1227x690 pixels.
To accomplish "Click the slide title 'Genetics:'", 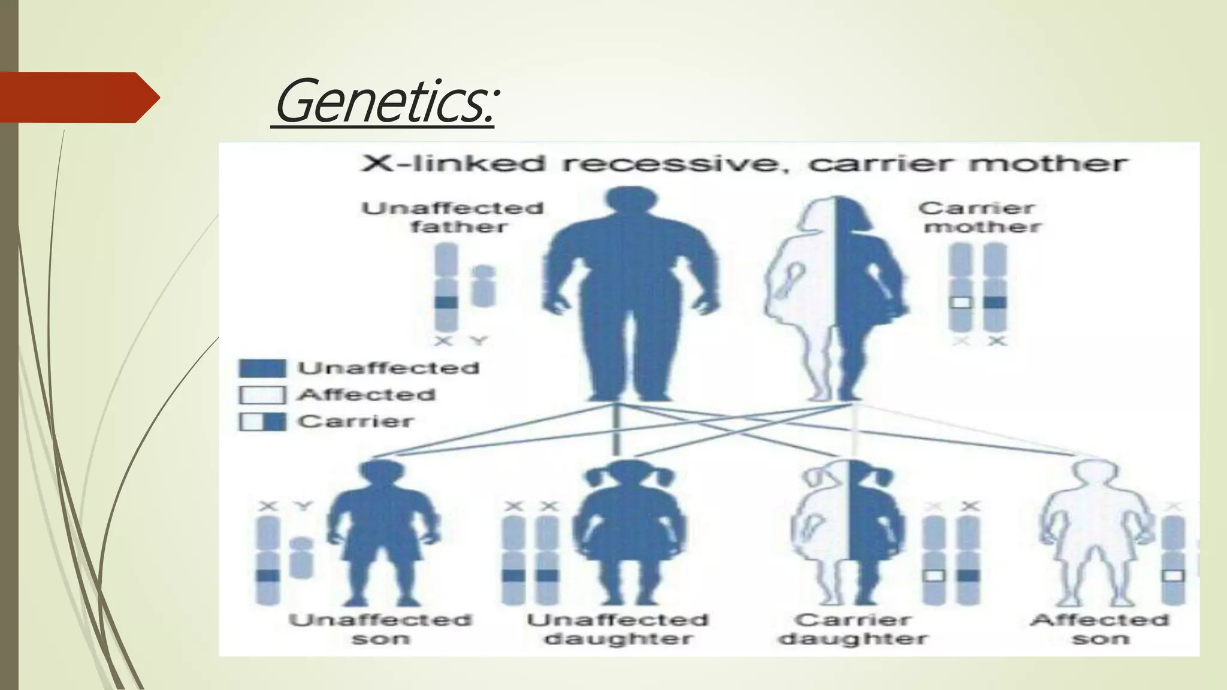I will click(x=384, y=102).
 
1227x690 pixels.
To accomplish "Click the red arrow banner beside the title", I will click(x=78, y=98).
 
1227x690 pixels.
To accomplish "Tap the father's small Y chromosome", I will click(x=483, y=286).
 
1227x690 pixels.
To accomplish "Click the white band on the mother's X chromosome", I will click(x=961, y=302).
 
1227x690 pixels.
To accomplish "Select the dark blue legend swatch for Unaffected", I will click(x=262, y=368).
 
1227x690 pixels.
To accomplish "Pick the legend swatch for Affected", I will click(x=262, y=395).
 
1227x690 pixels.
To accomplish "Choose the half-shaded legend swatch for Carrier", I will click(x=262, y=422).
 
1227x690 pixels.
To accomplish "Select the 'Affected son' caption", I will click(x=1100, y=629).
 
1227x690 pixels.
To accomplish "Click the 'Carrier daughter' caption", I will click(x=853, y=629).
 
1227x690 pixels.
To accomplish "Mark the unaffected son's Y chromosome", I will click(x=301, y=557).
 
